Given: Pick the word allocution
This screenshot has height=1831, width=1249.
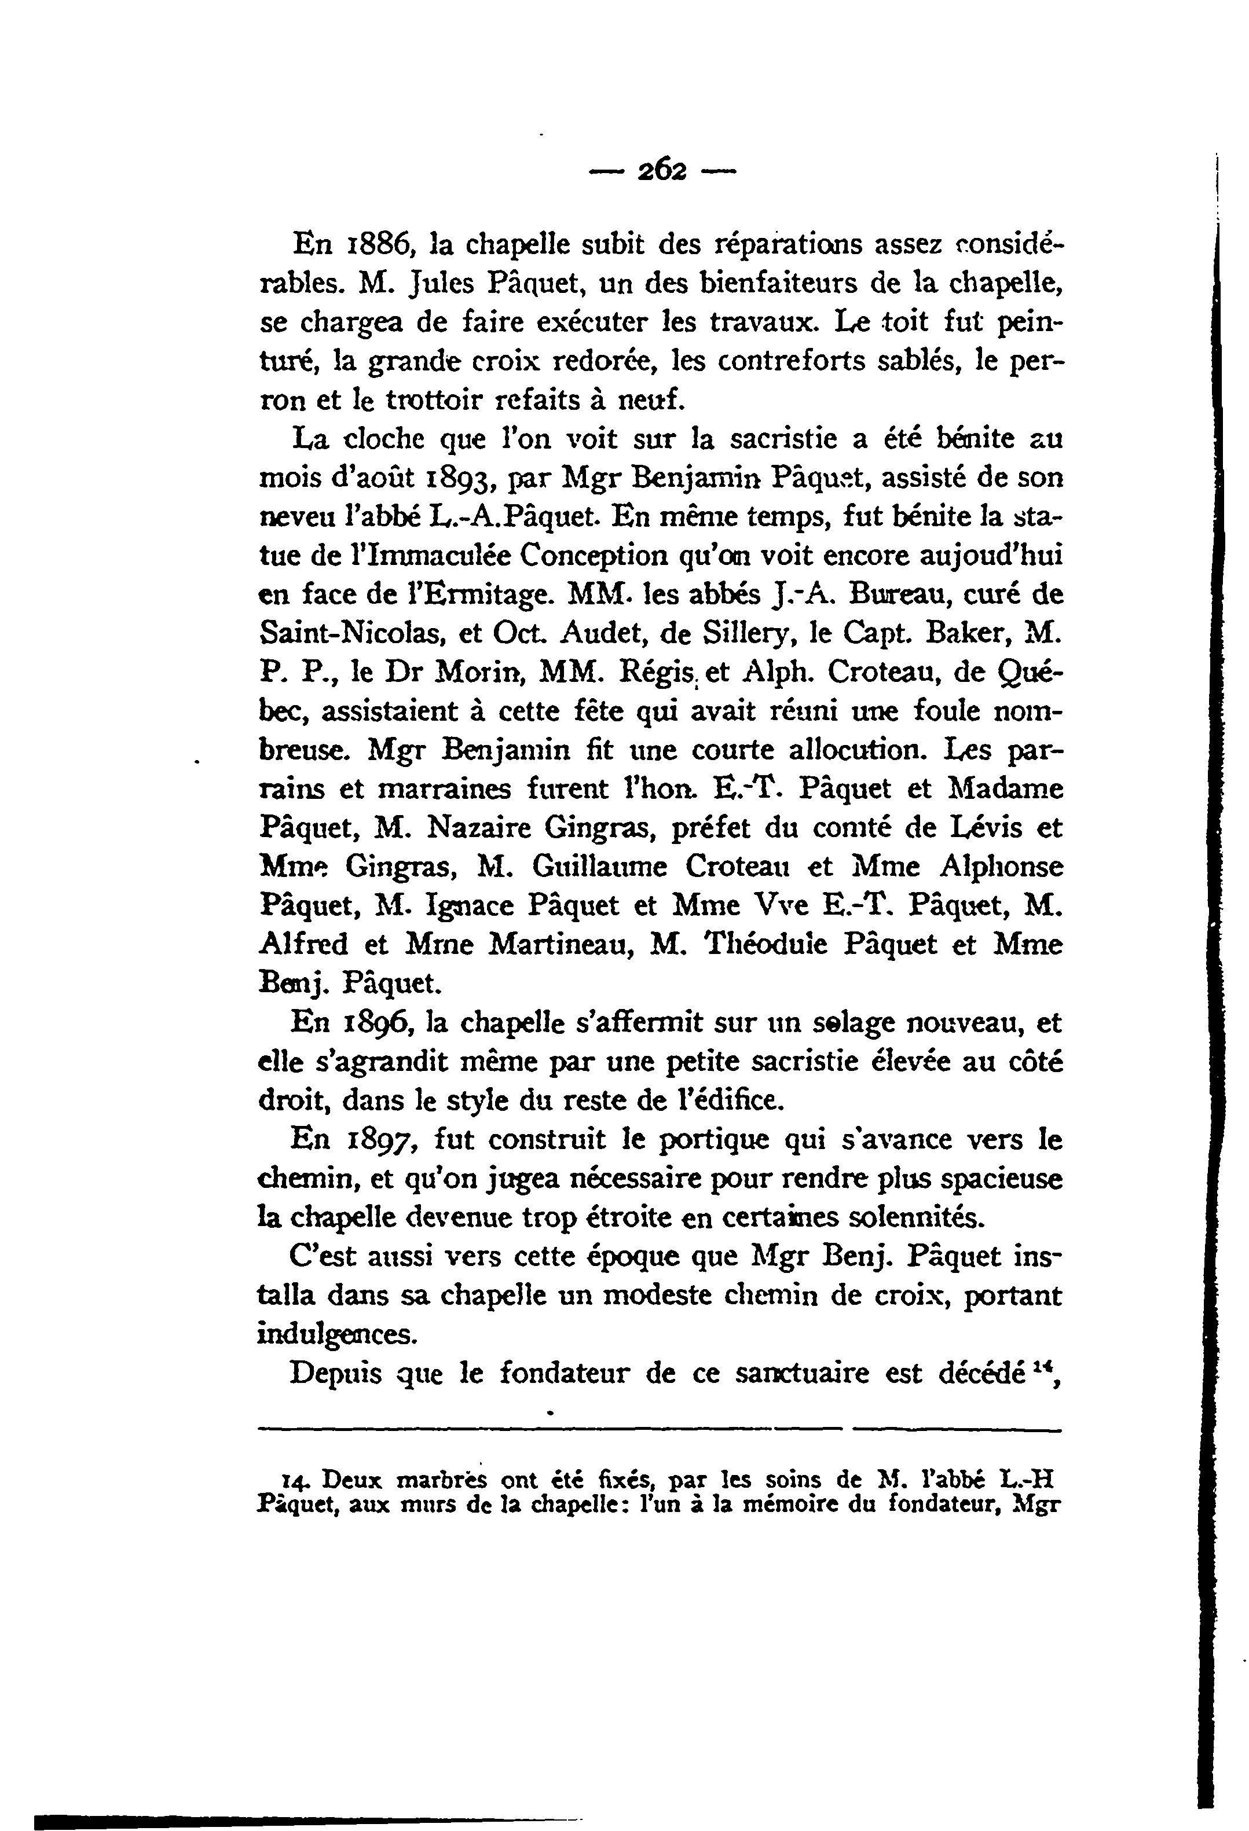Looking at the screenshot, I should coord(858,749).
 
